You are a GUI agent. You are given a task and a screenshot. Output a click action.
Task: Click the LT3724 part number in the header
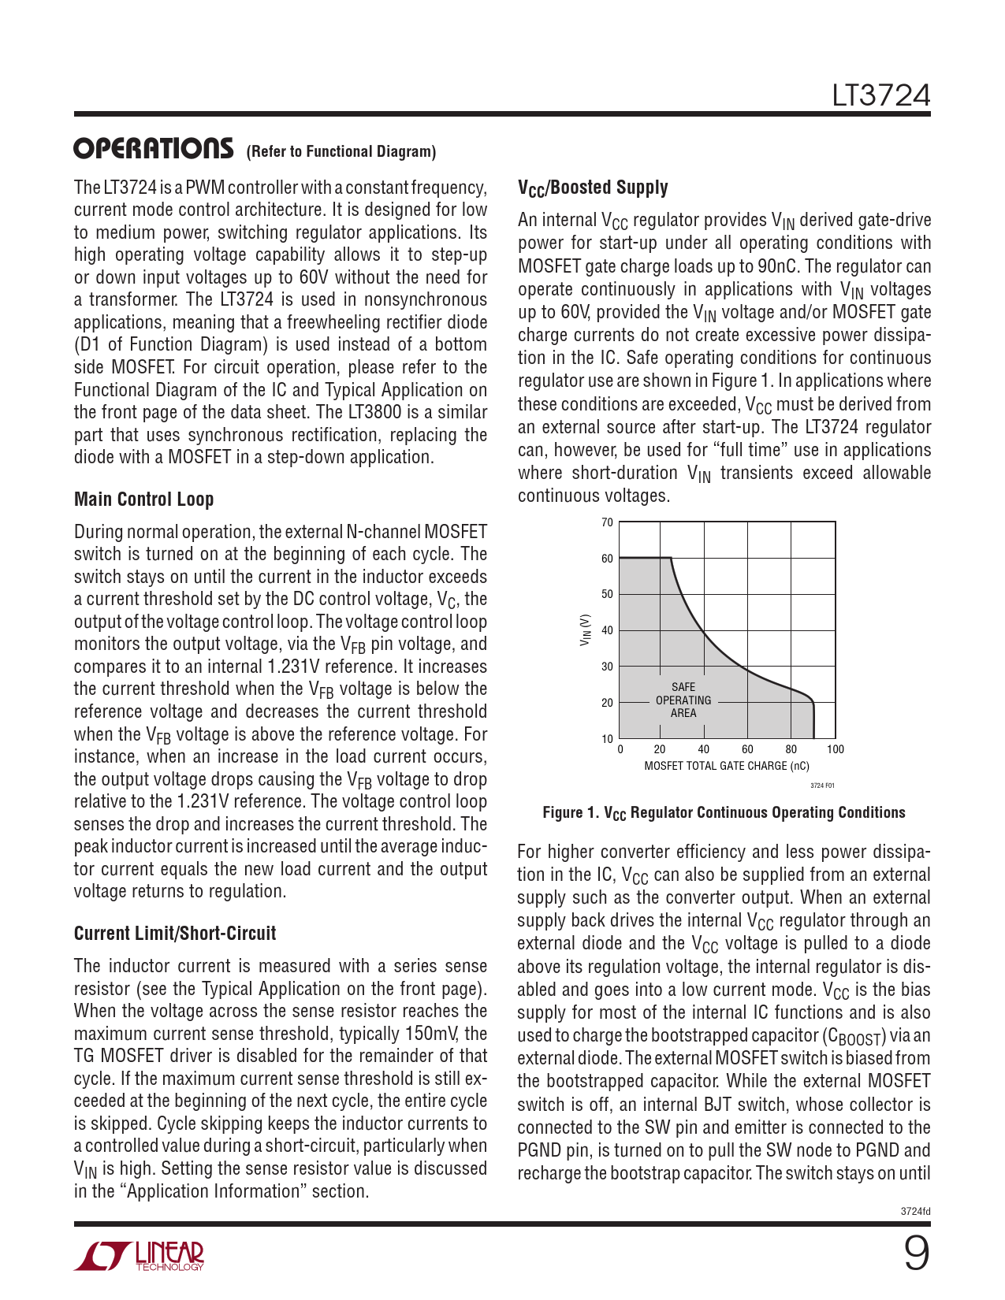click(881, 95)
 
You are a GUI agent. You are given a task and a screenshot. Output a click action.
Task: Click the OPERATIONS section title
click(154, 148)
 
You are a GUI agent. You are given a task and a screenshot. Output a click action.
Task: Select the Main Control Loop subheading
click(143, 500)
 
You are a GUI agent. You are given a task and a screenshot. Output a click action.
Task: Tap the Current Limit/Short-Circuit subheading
click(175, 934)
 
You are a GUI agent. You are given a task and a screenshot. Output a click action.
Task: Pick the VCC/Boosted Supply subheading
click(593, 188)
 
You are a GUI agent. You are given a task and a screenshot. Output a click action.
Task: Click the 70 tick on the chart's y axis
click(607, 522)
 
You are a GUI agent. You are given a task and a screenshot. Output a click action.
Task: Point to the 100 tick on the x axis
click(836, 749)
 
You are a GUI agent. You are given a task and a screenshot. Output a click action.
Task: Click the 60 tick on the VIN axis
click(607, 559)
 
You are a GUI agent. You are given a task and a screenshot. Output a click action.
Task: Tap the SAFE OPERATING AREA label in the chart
click(683, 700)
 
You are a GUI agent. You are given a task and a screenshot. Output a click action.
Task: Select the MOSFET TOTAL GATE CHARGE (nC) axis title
click(727, 766)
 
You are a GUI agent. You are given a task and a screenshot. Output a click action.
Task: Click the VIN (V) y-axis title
click(585, 630)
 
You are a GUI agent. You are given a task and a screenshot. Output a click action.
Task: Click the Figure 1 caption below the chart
click(724, 813)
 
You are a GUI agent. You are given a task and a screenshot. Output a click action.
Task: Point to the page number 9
click(915, 1254)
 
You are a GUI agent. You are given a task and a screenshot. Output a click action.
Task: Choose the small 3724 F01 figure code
click(822, 786)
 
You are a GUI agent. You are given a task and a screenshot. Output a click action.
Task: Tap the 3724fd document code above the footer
click(915, 1212)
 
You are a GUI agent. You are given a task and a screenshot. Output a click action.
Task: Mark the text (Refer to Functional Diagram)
click(341, 152)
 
